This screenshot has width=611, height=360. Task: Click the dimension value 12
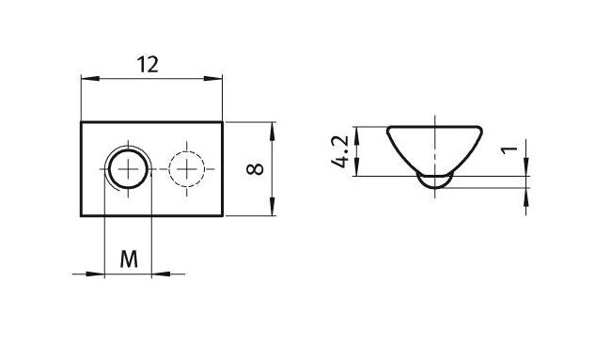[x=148, y=64]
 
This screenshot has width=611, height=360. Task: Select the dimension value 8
[x=253, y=169]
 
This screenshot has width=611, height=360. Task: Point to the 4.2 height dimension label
[x=340, y=151]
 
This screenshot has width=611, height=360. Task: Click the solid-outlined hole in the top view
[x=126, y=170]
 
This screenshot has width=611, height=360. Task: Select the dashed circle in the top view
[x=189, y=170]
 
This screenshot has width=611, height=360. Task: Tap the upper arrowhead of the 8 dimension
[x=273, y=128]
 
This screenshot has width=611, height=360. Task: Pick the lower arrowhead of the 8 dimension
[x=273, y=211]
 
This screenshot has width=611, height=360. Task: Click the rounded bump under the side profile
[x=434, y=181]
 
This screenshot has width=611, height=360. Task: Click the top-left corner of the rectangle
[x=82, y=123]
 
